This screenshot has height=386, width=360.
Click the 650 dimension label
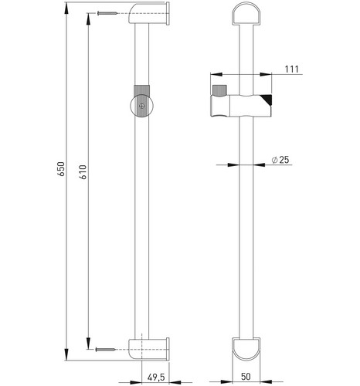61,169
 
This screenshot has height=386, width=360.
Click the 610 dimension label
83,172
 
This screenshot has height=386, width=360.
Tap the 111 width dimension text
292,69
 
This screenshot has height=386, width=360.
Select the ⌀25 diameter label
280,160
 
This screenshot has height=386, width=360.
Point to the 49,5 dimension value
156,378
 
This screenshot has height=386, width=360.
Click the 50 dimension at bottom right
246,377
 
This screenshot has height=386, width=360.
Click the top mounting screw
107,13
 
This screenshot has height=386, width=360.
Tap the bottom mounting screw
105,349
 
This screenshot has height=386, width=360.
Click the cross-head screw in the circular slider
141,106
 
